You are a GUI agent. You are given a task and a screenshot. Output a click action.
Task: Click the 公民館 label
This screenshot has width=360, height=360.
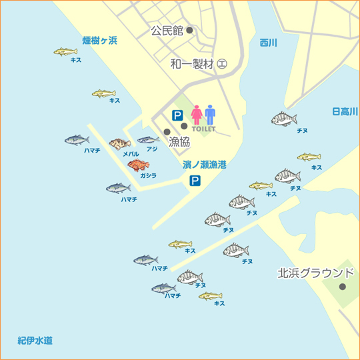coord(166,31)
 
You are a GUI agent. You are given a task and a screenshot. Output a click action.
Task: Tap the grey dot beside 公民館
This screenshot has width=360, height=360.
coord(189,30)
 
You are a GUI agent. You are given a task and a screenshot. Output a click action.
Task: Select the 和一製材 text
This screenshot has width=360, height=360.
coord(193,64)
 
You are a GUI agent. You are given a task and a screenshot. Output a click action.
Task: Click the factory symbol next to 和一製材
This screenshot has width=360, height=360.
coord(222,64)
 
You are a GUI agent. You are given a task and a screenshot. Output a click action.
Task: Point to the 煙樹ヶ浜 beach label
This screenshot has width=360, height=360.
coord(99,41)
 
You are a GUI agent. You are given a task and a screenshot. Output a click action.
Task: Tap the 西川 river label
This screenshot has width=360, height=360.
coord(269,43)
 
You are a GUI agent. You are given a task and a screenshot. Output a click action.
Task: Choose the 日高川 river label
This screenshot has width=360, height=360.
coord(345,111)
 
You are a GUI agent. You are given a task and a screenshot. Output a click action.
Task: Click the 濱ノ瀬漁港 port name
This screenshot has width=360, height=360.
coord(204,164)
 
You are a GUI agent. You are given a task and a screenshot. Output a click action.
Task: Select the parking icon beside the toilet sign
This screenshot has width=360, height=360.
coord(178,115)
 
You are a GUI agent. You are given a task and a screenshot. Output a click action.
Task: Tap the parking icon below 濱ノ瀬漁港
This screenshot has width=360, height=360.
coord(195,181)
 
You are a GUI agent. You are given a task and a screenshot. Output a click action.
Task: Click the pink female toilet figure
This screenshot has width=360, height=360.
coord(197,115)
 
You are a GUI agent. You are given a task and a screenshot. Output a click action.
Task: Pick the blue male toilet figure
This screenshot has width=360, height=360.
coord(211,115)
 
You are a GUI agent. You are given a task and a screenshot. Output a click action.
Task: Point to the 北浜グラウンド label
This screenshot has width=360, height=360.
coord(315,273)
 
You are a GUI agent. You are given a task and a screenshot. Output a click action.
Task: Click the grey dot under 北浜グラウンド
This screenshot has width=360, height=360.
coord(342,287)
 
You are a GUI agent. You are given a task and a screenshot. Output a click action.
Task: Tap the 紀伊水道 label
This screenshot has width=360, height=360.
coord(35,341)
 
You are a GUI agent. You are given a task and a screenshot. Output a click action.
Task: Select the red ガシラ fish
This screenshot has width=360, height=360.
coord(138,165)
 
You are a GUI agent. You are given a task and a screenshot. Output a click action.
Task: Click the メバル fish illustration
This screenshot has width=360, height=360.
coord(120,143)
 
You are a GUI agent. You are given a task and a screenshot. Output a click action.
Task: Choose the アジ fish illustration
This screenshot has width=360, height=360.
coord(148,140)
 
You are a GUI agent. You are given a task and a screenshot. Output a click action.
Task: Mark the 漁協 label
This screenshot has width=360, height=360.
coord(179,141)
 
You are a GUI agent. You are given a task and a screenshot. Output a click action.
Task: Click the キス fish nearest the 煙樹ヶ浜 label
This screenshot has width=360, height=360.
coord(65,51)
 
